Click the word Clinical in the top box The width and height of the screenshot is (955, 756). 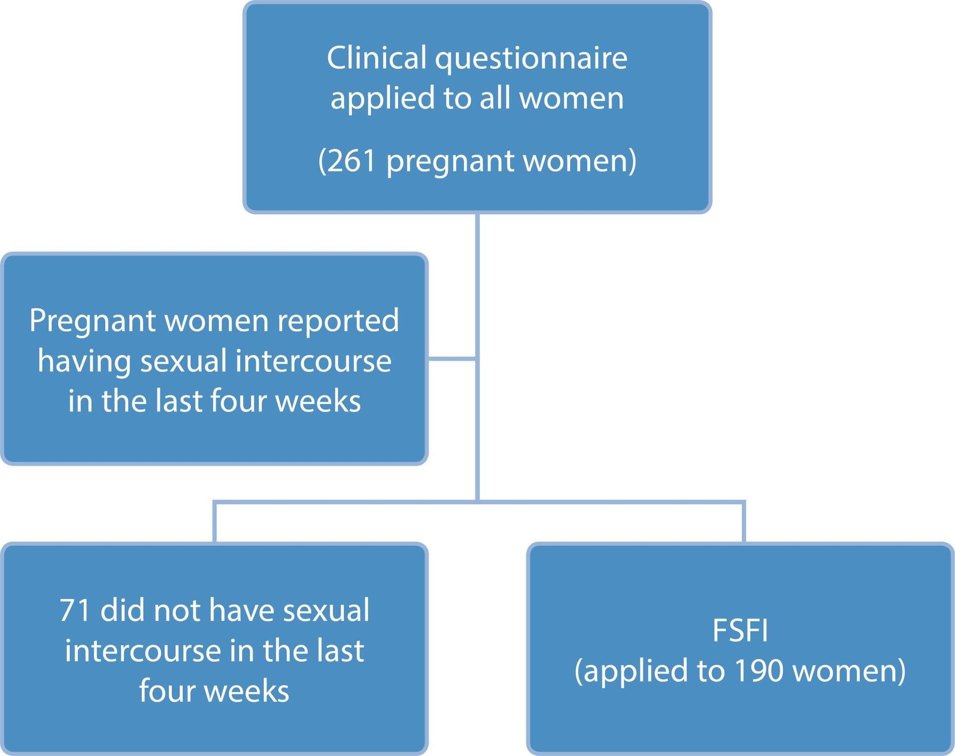coord(377,58)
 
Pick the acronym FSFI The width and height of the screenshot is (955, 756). coord(740,630)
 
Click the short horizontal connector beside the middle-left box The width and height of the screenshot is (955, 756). coord(452,358)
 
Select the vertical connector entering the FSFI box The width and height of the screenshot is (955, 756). coord(744,522)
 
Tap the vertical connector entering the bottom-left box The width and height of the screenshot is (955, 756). coord(215,522)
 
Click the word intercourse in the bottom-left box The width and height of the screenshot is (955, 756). coord(143,651)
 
